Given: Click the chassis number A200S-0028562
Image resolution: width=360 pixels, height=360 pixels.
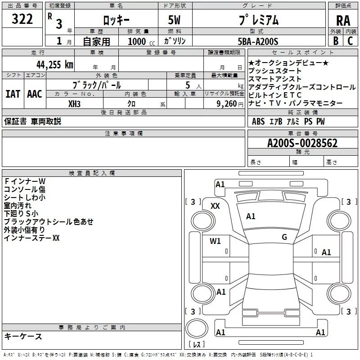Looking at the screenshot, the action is pyautogui.click(x=302, y=143).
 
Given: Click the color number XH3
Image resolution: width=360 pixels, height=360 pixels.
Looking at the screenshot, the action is pyautogui.click(x=75, y=103).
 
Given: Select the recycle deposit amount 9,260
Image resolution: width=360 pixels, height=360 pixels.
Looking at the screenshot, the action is pyautogui.click(x=227, y=103).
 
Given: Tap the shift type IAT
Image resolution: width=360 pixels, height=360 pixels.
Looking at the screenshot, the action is pyautogui.click(x=13, y=94).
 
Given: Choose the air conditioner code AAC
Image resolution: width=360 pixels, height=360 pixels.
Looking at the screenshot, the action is pyautogui.click(x=34, y=94).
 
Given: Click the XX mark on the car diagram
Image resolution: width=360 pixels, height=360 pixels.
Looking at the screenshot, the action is pyautogui.click(x=215, y=206).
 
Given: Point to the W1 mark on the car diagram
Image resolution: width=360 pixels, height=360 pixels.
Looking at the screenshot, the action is pyautogui.click(x=215, y=241).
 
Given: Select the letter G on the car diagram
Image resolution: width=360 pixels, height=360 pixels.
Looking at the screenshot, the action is pyautogui.click(x=284, y=237).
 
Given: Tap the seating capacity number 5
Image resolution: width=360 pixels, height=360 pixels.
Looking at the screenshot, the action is pyautogui.click(x=188, y=85).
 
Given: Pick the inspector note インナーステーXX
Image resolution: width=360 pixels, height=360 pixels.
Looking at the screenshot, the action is pyautogui.click(x=31, y=238).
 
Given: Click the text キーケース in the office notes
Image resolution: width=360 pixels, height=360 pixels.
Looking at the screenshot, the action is pyautogui.click(x=23, y=337).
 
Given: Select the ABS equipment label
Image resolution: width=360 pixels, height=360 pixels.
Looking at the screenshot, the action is pyautogui.click(x=258, y=121).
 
